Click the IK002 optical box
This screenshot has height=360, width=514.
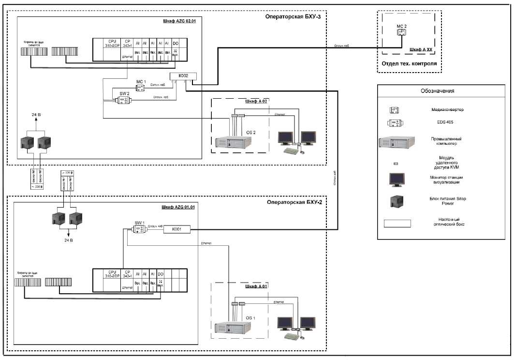pos(183,75)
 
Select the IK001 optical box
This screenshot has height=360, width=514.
pos(177,229)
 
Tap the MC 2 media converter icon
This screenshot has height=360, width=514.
pos(401,32)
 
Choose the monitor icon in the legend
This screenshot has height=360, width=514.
pos(396,180)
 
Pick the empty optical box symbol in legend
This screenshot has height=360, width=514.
pos(397,223)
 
